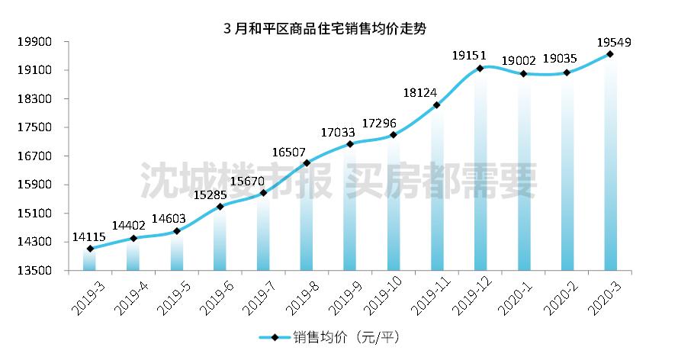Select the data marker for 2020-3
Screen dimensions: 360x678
[x=610, y=53]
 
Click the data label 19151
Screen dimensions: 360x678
[x=469, y=56]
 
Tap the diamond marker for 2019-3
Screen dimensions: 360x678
[x=90, y=249]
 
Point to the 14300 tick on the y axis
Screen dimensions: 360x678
[x=33, y=242]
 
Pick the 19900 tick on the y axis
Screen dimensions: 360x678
[x=33, y=42]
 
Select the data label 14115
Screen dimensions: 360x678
[x=89, y=237]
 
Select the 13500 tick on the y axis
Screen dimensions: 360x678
[x=33, y=271]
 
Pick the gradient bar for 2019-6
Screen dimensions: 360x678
[x=220, y=239]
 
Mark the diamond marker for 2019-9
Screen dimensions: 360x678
[x=350, y=144]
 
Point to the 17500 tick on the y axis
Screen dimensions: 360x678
[x=33, y=127]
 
